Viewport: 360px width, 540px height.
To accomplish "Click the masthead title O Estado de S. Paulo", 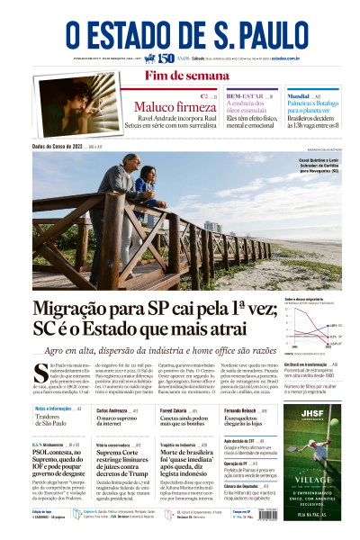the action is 179,33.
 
